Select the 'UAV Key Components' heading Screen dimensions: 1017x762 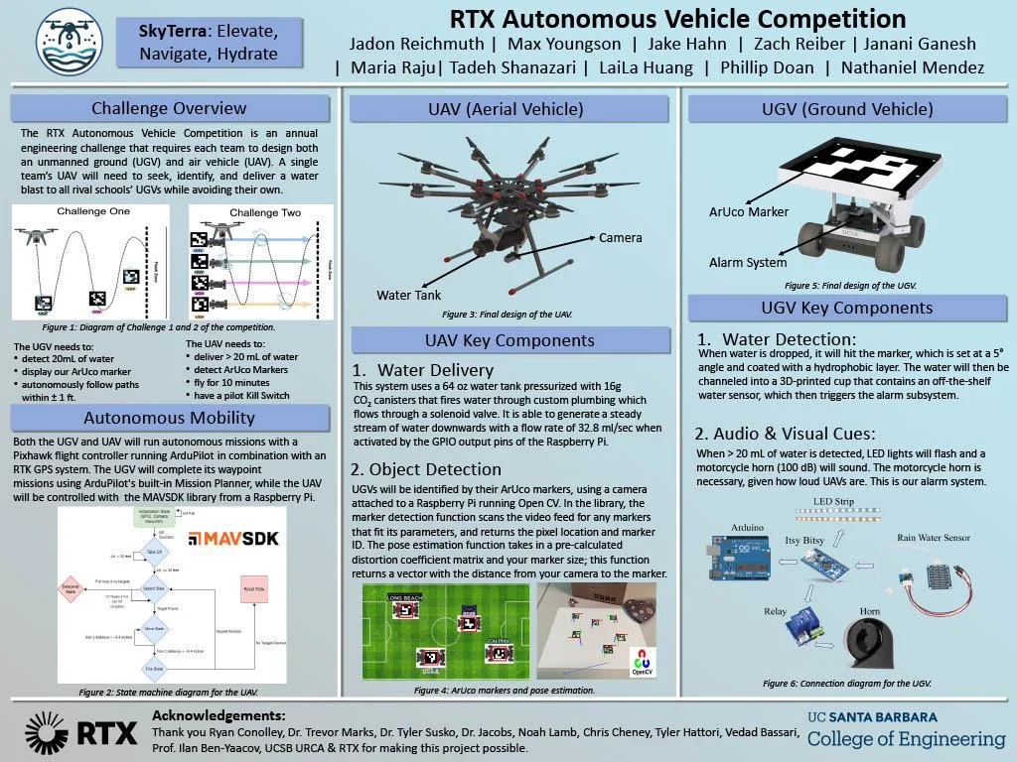tap(509, 340)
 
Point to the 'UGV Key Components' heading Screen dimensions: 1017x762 tap(846, 308)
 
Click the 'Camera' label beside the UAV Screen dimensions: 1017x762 tap(620, 237)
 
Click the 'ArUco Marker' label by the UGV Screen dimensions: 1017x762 tap(748, 211)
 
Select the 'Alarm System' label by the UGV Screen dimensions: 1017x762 tap(748, 262)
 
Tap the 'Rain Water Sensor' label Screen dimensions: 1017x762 tap(933, 537)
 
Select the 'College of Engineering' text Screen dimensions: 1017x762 tap(906, 739)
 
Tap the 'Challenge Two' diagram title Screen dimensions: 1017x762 tap(264, 213)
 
